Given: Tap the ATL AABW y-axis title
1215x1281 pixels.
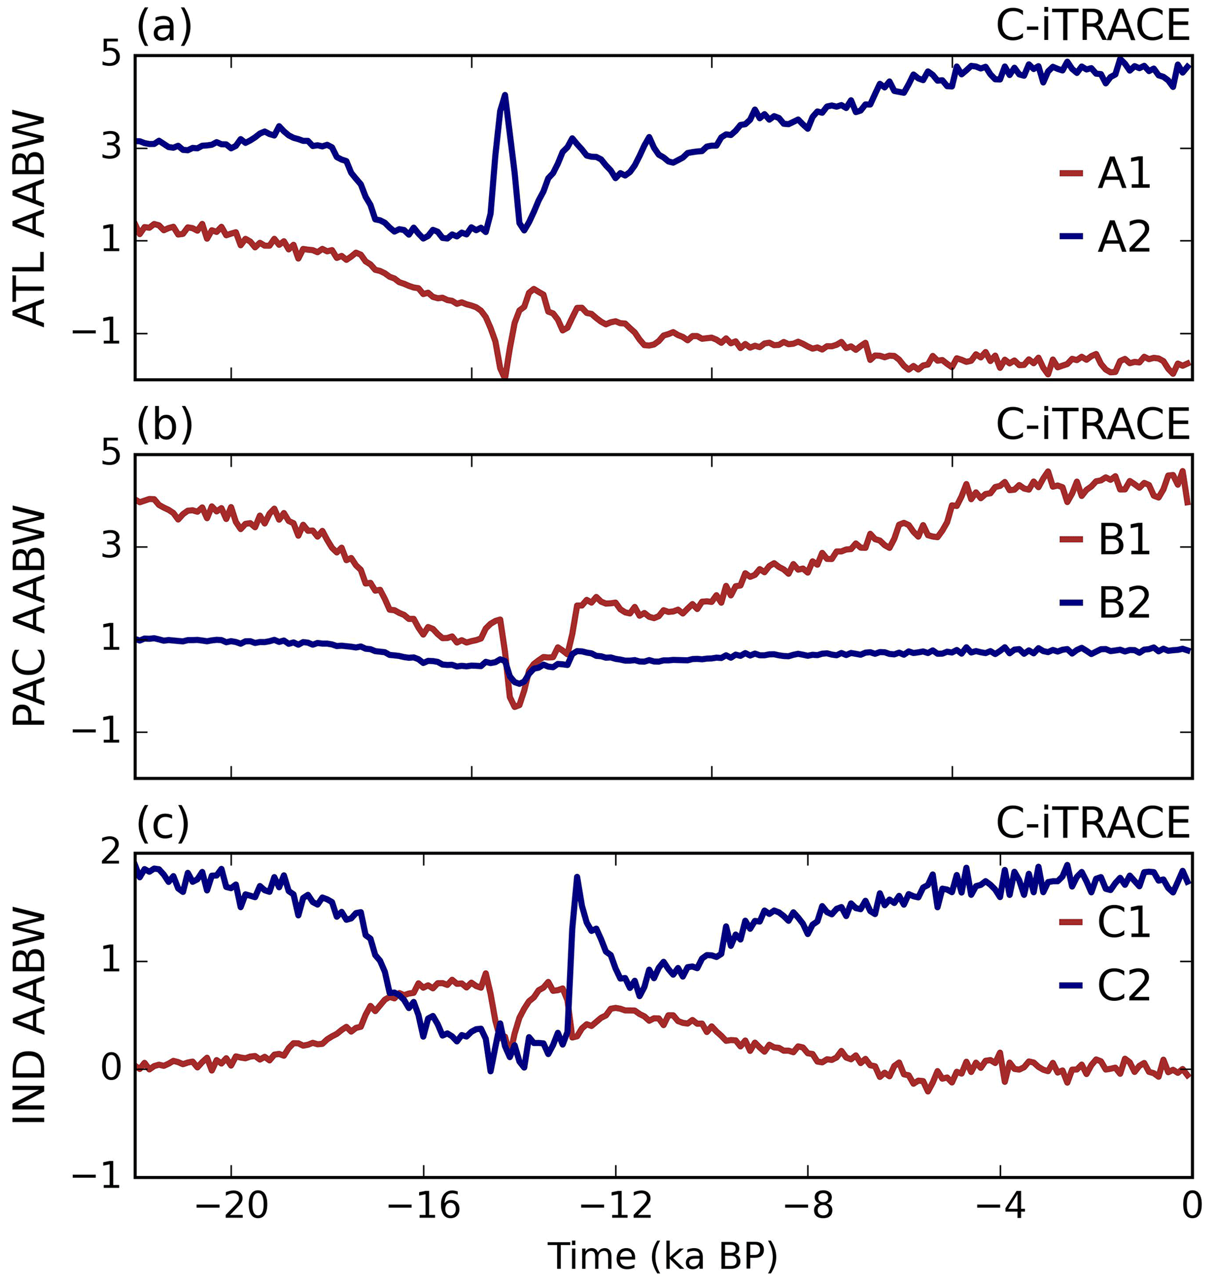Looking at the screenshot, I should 30,220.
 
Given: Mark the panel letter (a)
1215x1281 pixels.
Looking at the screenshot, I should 164,27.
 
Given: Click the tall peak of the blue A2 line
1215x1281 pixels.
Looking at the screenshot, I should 504,95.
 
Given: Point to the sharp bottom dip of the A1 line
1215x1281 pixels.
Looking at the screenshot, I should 504,376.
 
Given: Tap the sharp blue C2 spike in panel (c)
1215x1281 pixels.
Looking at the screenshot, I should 577,876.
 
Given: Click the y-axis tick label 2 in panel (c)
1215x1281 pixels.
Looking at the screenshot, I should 112,855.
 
